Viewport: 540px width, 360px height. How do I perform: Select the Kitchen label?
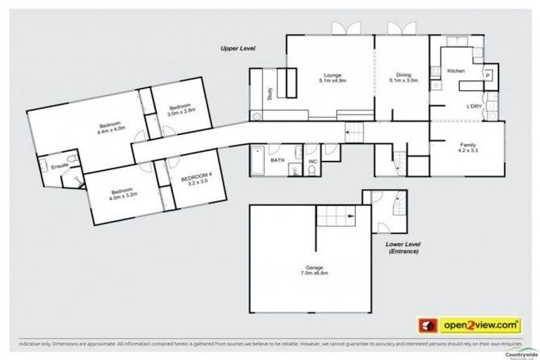tap(456, 71)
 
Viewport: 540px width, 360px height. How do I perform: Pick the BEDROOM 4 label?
tap(195, 180)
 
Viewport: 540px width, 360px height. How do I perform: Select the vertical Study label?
tap(270, 93)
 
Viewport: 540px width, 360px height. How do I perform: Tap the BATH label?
tap(277, 160)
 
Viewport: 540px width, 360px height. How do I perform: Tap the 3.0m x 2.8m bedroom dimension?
tap(181, 111)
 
